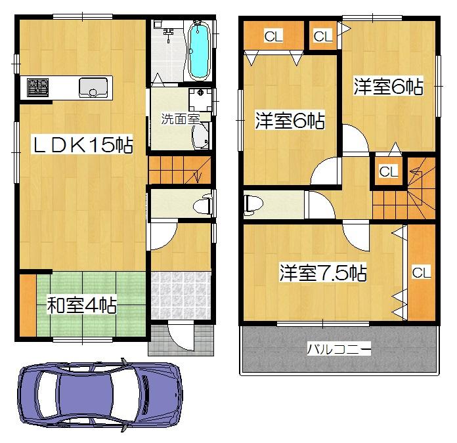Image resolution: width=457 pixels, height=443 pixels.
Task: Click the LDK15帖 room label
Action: [83, 145]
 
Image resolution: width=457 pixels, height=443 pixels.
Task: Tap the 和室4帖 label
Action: [81, 305]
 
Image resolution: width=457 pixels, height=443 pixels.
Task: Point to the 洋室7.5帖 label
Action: [322, 273]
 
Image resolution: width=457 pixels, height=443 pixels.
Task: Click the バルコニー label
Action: [339, 349]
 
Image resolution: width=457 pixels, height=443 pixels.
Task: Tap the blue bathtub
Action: [198, 50]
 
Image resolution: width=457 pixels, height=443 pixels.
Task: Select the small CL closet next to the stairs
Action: [388, 172]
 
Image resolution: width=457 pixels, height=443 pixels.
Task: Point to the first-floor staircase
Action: [179, 170]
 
